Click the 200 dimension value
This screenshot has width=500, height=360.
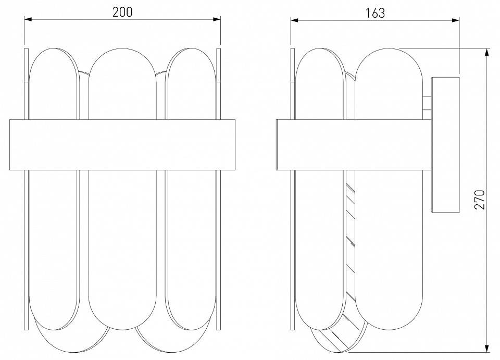122,13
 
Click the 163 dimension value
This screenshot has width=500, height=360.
375,13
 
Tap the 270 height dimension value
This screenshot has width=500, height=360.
480,199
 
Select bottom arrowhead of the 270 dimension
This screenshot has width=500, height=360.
487,346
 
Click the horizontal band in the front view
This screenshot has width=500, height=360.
122,145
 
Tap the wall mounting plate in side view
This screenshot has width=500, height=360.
445,144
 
